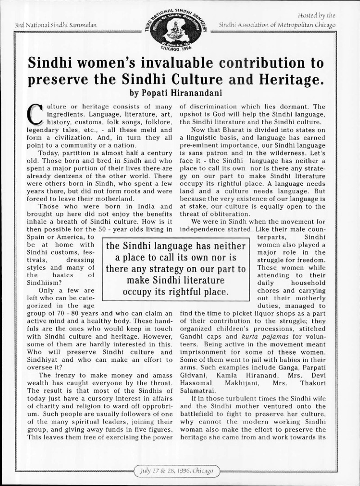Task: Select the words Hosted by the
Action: click(319, 15)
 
